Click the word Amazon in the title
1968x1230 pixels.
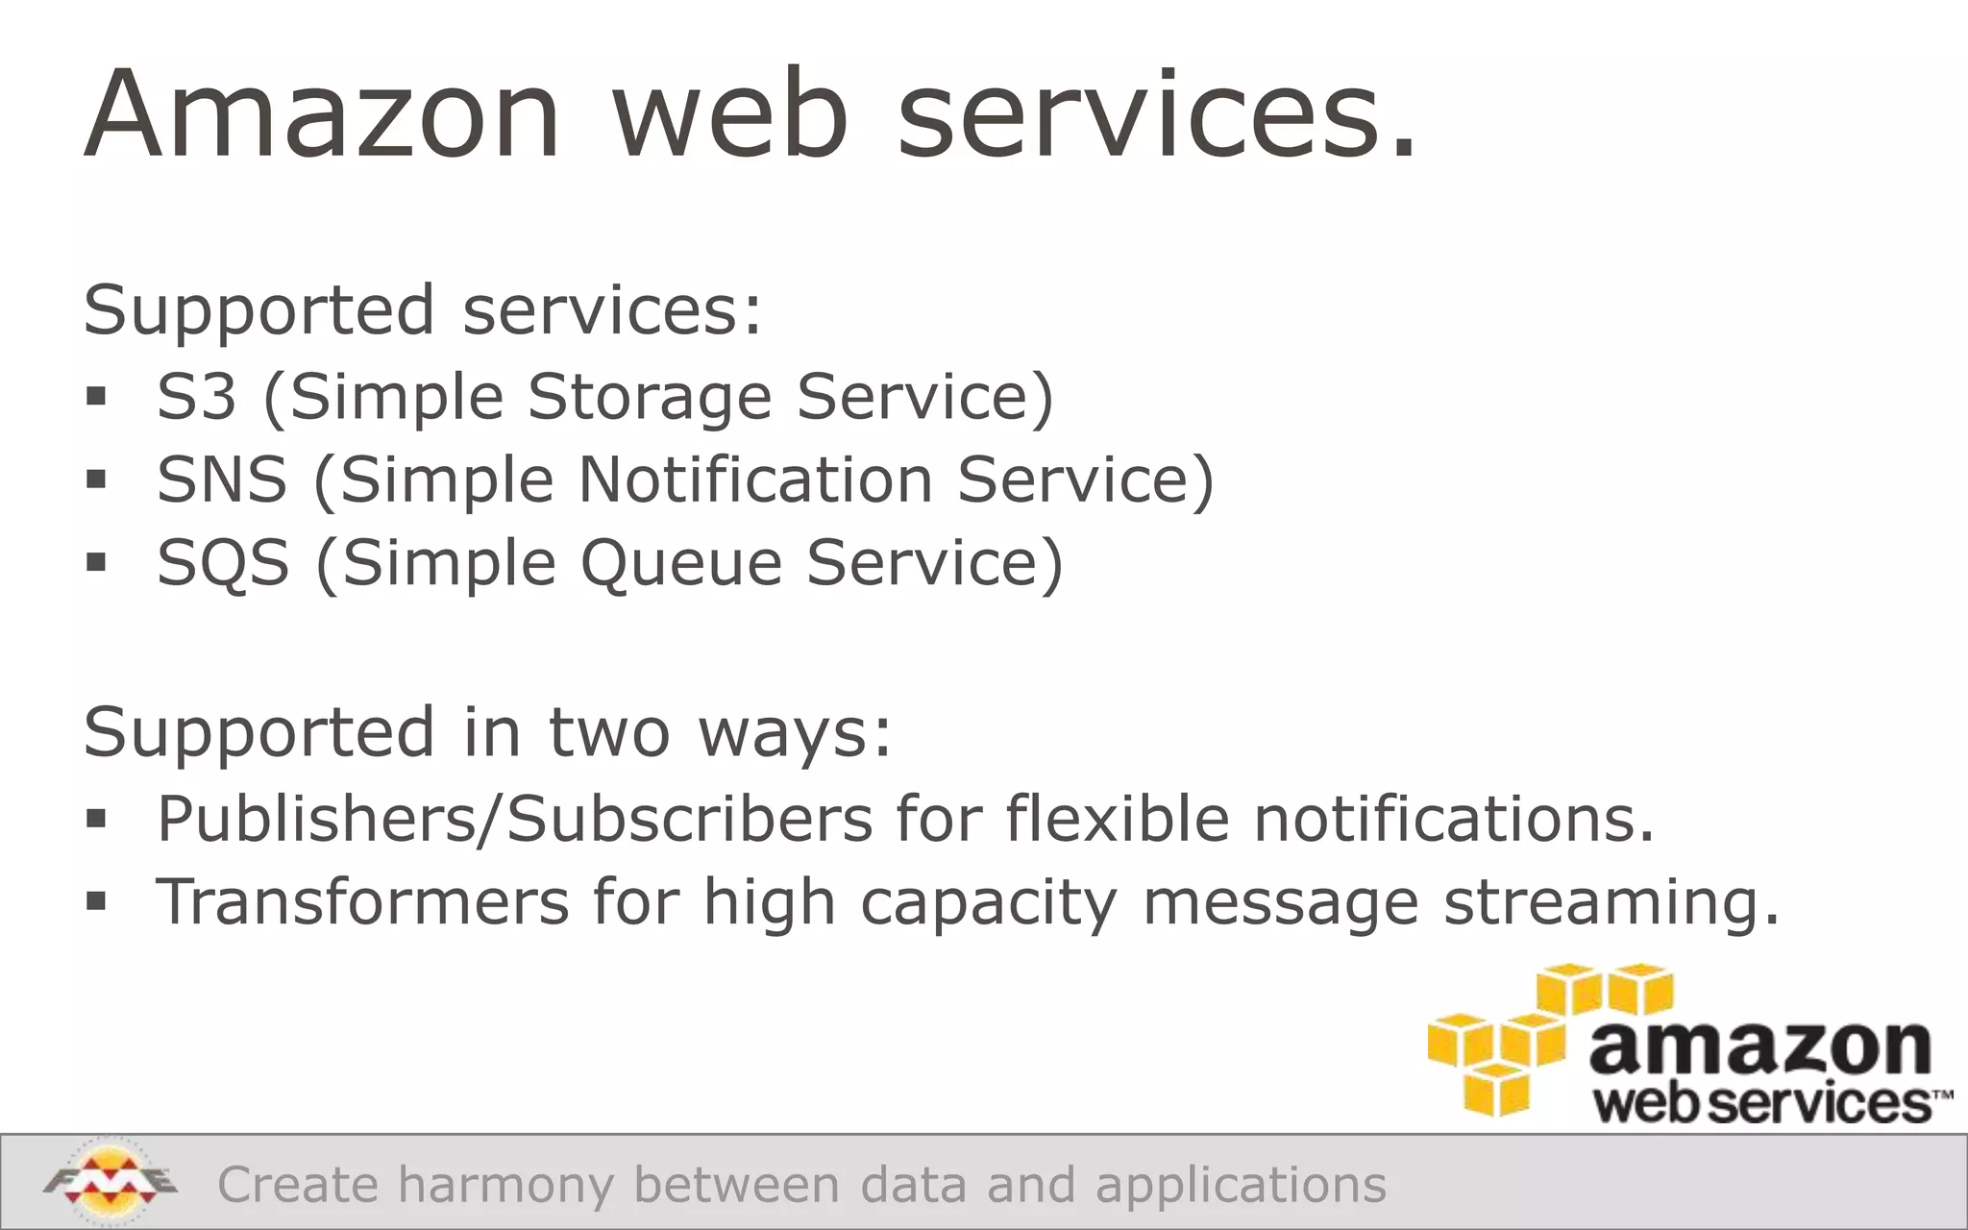(322, 114)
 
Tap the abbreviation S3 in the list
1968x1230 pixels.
(196, 396)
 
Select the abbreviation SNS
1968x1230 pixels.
(222, 479)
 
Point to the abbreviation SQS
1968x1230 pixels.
(223, 562)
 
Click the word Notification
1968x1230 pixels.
(755, 479)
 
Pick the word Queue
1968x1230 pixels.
(681, 562)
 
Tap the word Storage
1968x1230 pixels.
(650, 398)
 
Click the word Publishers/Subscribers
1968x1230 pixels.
(515, 819)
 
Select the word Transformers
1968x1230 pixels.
(363, 901)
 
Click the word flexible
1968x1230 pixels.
(1118, 819)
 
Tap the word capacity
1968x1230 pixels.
(989, 903)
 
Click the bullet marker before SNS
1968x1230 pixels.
(96, 479)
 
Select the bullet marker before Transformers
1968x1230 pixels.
(96, 901)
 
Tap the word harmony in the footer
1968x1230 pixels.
(505, 1185)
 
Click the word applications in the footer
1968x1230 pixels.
(1242, 1185)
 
